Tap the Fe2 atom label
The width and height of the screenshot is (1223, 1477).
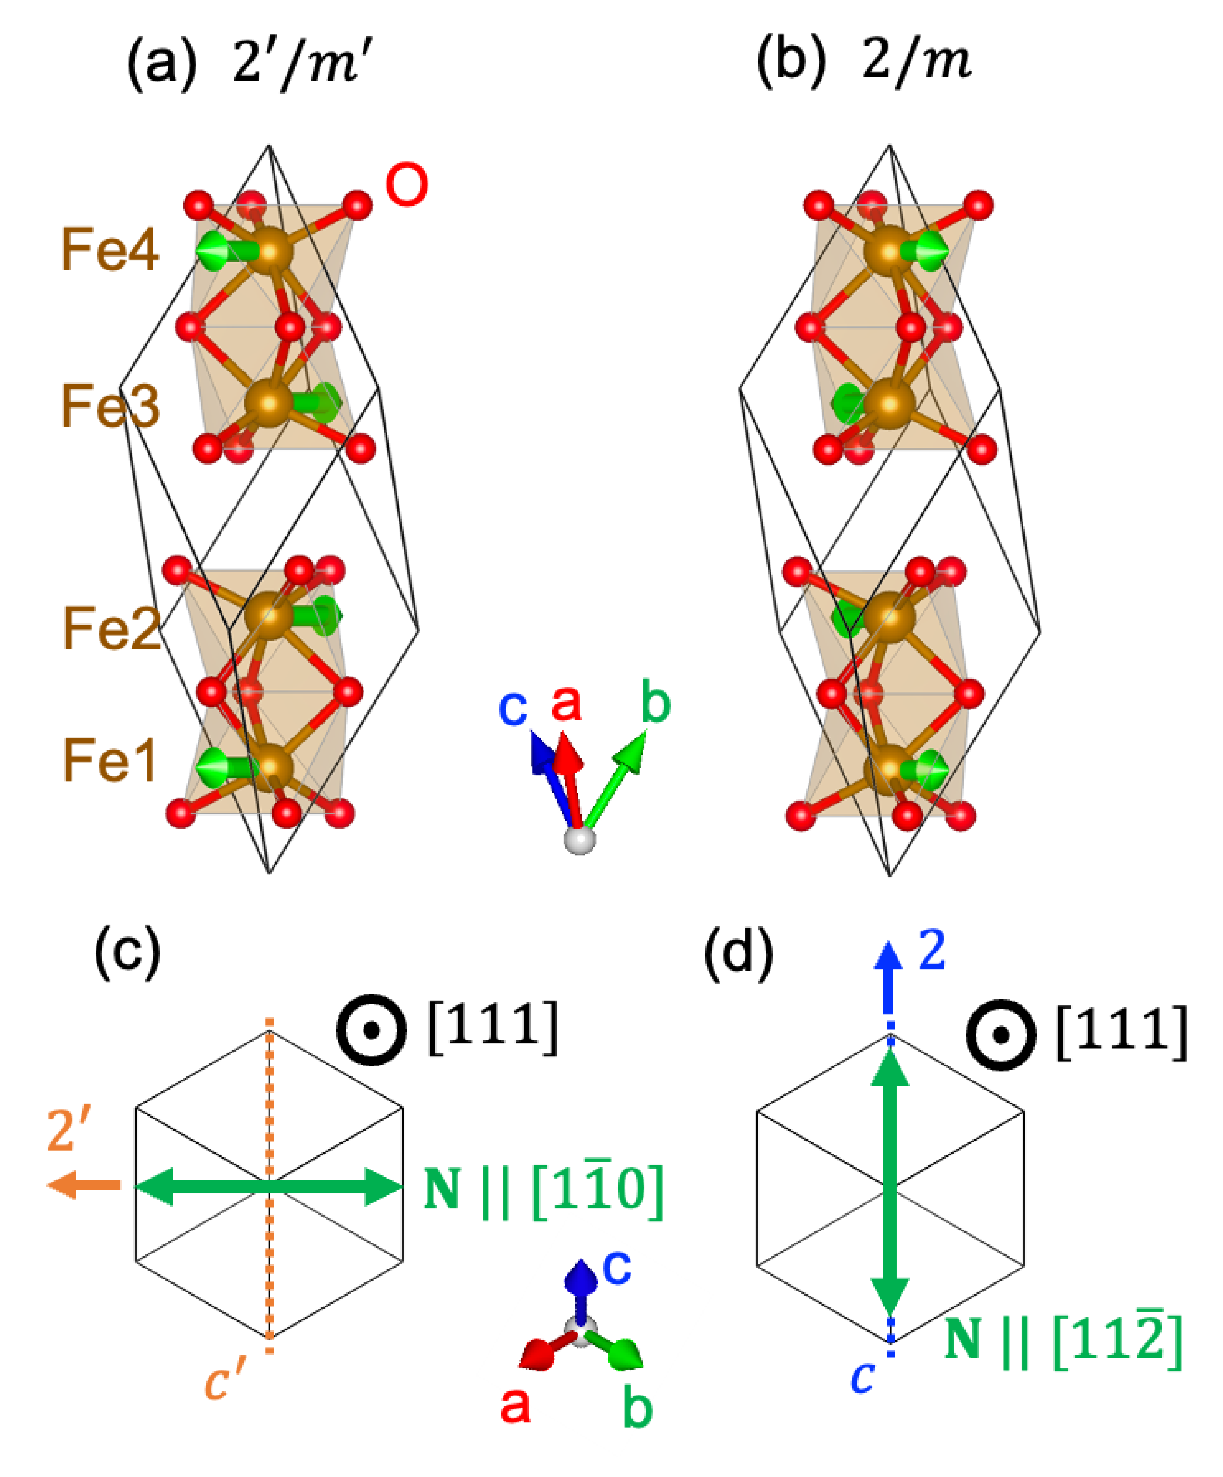click(x=111, y=628)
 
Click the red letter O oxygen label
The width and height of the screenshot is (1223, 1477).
click(x=407, y=185)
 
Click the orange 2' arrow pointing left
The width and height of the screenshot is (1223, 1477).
click(x=83, y=1185)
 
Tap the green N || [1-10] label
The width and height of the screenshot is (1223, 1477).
click(x=543, y=1189)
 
